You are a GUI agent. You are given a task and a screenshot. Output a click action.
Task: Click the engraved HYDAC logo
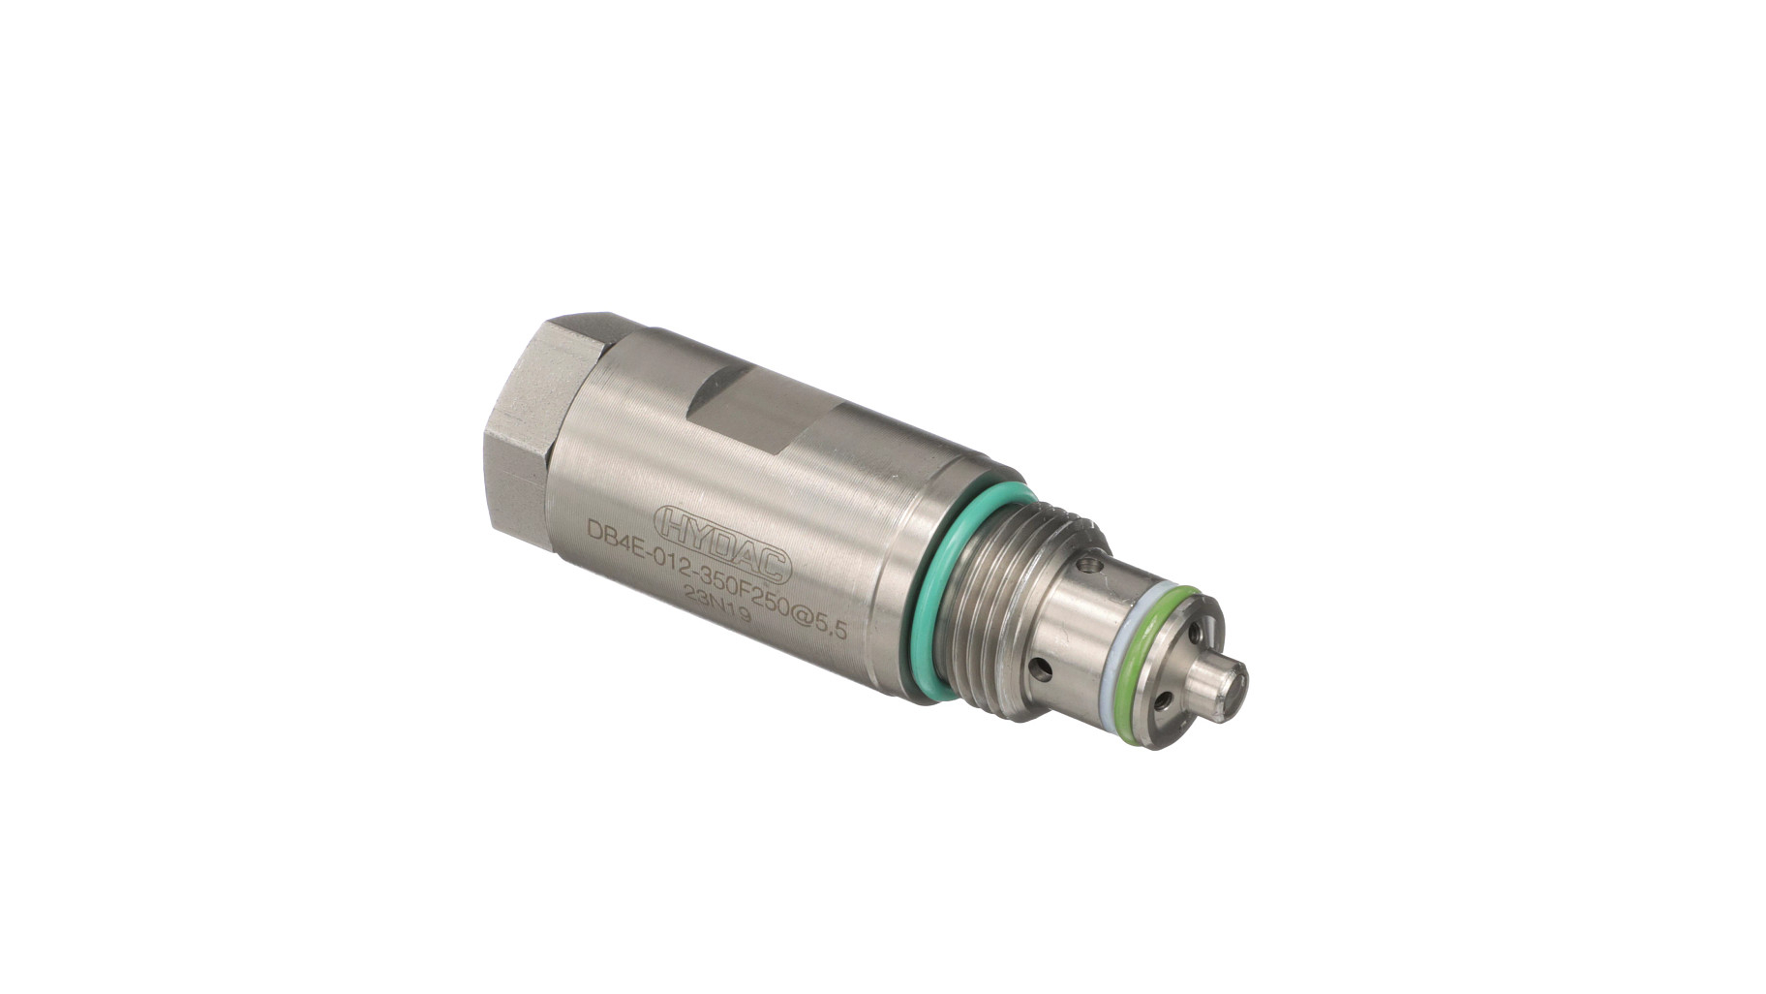pos(722,544)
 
